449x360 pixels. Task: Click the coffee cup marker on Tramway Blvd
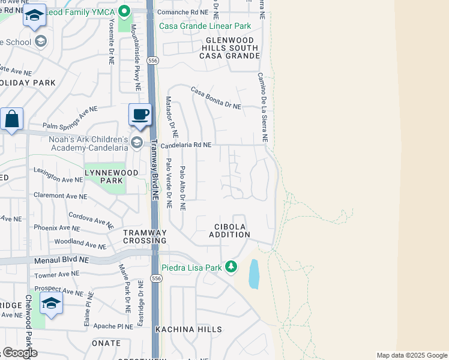coord(140,115)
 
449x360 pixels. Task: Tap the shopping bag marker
coord(11,119)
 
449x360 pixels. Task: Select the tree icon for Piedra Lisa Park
coord(231,267)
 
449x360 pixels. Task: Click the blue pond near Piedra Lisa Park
coord(254,274)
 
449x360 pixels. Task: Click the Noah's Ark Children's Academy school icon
coord(137,142)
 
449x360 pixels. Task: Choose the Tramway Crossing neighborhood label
coord(145,236)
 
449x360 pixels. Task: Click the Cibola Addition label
coord(229,230)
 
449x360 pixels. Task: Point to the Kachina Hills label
coord(188,329)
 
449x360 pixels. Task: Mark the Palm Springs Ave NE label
coord(70,119)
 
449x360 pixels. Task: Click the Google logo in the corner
coord(19,353)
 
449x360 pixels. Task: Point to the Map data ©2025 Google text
coord(411,355)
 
